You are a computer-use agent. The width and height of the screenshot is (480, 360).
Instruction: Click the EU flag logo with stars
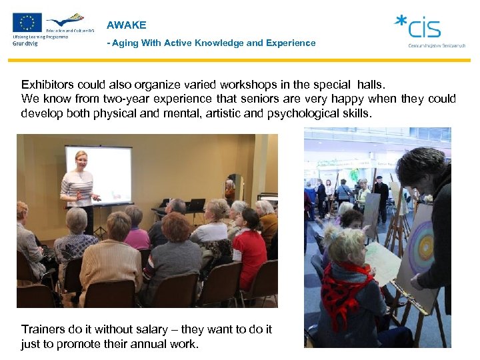(27, 23)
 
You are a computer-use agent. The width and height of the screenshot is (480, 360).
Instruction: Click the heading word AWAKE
(126, 25)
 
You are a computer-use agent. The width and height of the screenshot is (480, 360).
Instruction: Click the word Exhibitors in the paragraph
(47, 85)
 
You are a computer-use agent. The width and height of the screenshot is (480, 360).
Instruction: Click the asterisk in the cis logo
(401, 21)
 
